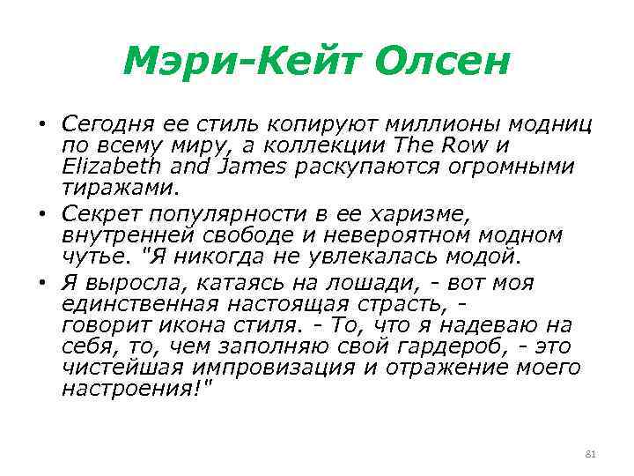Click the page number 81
[591, 453]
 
